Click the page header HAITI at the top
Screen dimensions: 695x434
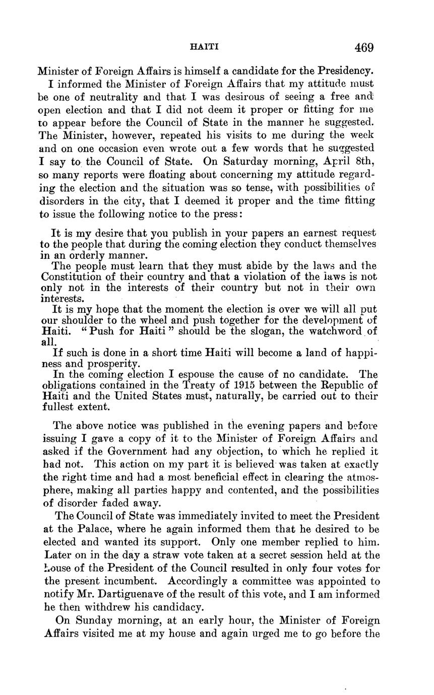[204, 47]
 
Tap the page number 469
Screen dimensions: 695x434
[364, 48]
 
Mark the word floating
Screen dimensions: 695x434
[170, 175]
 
